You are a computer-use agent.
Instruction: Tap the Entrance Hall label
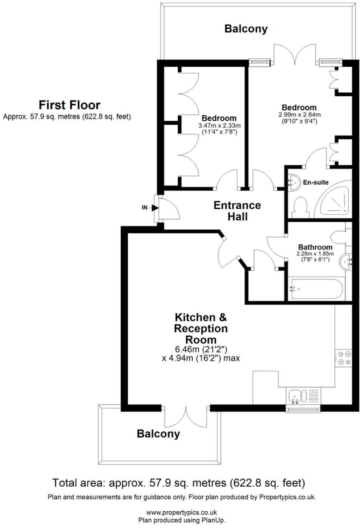click(237, 211)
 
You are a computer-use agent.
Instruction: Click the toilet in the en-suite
click(300, 207)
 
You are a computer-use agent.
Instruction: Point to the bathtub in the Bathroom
click(315, 289)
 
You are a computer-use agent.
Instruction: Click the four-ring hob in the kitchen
click(343, 358)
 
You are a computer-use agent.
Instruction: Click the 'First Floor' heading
click(69, 105)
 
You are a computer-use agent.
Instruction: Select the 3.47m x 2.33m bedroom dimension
click(219, 126)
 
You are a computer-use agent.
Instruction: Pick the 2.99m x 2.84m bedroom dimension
click(299, 115)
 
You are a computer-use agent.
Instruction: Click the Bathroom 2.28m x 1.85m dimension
click(315, 254)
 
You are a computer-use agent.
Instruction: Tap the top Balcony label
click(246, 29)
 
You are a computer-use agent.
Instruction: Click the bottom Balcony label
click(158, 433)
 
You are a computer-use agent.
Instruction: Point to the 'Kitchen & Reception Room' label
click(201, 328)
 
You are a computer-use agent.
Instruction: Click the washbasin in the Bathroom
click(346, 261)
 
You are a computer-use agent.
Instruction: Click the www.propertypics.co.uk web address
click(182, 512)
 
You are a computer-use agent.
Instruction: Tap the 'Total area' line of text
click(178, 483)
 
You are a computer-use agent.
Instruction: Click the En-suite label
click(316, 182)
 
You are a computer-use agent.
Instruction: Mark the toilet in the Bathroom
click(343, 237)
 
